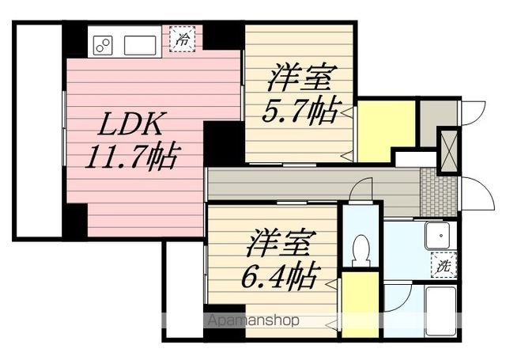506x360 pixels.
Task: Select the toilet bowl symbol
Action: [361, 248]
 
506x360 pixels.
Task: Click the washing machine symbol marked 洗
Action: [443, 267]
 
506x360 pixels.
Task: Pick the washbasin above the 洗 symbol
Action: [436, 234]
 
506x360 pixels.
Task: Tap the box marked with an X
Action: [447, 150]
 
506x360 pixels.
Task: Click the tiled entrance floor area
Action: [439, 192]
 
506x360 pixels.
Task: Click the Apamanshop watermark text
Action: [252, 321]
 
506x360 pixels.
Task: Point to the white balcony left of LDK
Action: [37, 131]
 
